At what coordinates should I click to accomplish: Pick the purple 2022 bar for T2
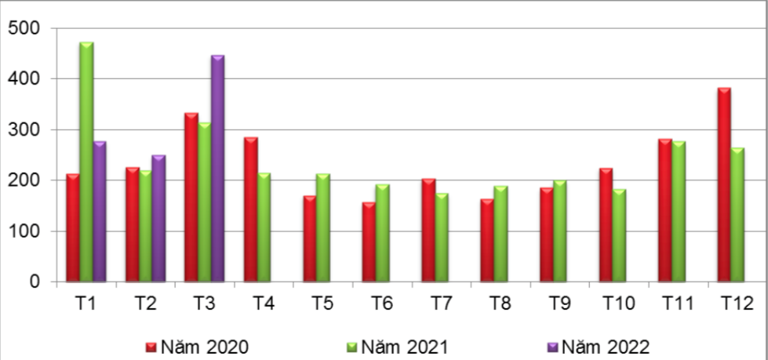click(x=158, y=219)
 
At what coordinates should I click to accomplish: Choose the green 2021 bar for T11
click(x=679, y=211)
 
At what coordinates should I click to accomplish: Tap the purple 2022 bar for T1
click(x=100, y=212)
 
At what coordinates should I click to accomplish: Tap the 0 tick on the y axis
click(x=36, y=282)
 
